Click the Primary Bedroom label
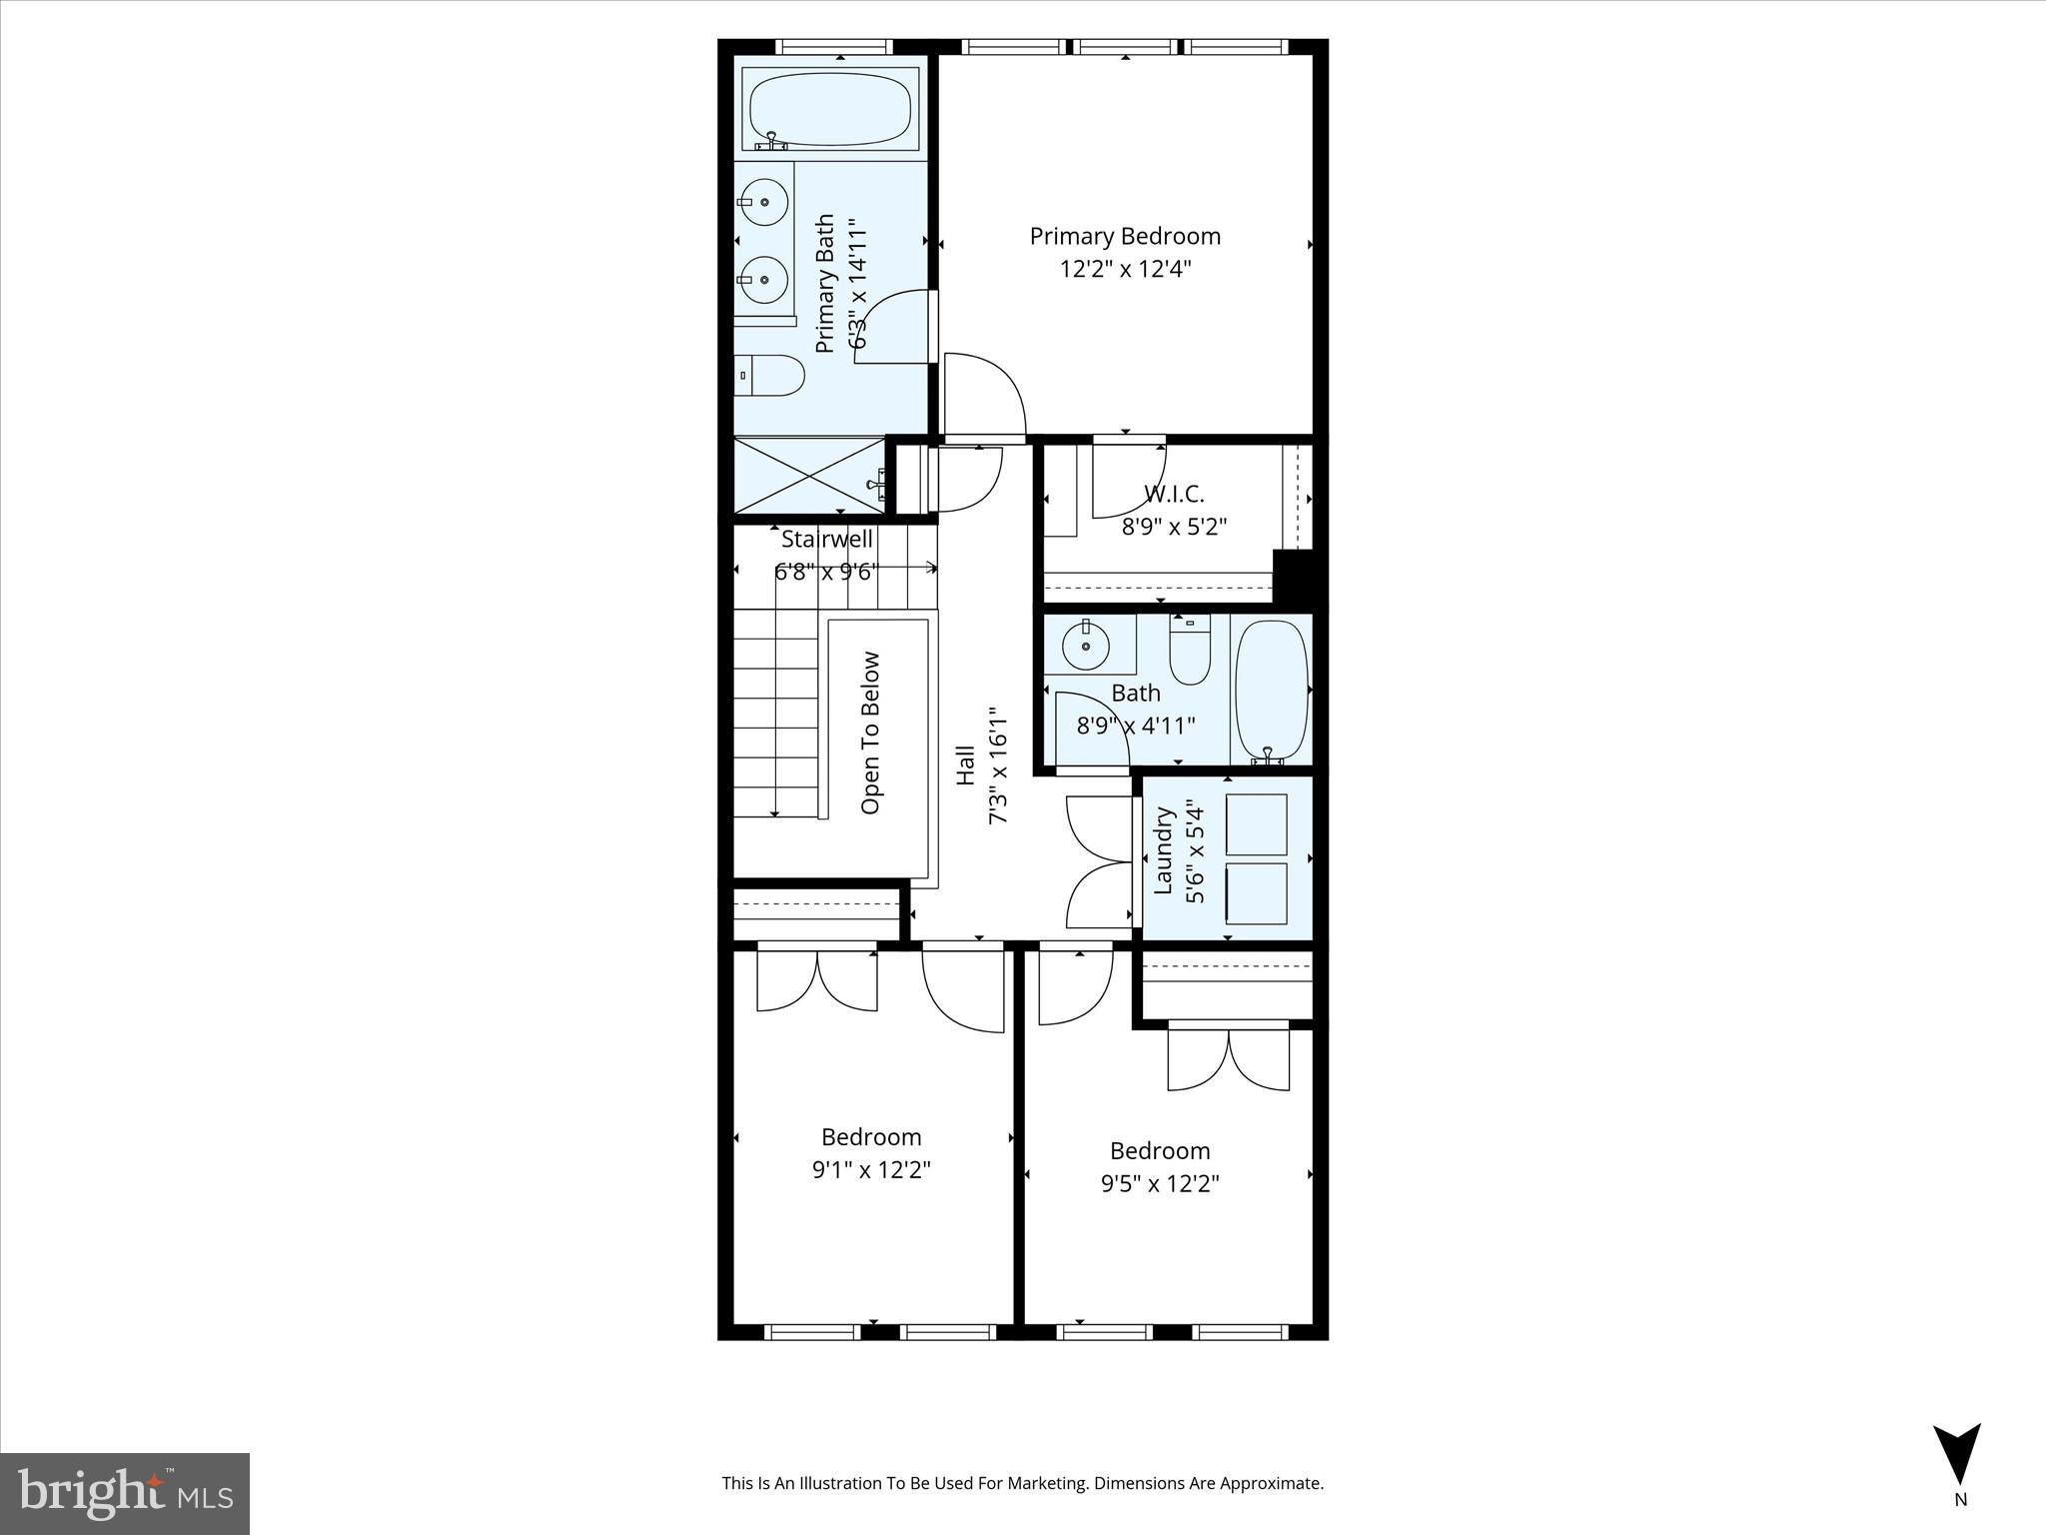click(x=1125, y=237)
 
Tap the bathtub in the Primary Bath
click(x=830, y=109)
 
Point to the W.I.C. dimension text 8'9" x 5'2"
click(x=1174, y=527)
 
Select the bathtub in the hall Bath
click(x=1271, y=690)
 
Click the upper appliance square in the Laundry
click(x=1256, y=824)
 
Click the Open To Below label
click(x=870, y=733)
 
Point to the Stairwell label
click(x=826, y=540)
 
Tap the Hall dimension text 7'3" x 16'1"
click(x=998, y=767)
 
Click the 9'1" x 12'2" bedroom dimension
click(x=871, y=1169)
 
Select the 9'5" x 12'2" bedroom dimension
click(x=1160, y=1183)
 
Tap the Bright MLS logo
click(x=125, y=1493)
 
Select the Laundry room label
click(x=1163, y=851)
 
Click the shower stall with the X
click(x=809, y=478)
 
